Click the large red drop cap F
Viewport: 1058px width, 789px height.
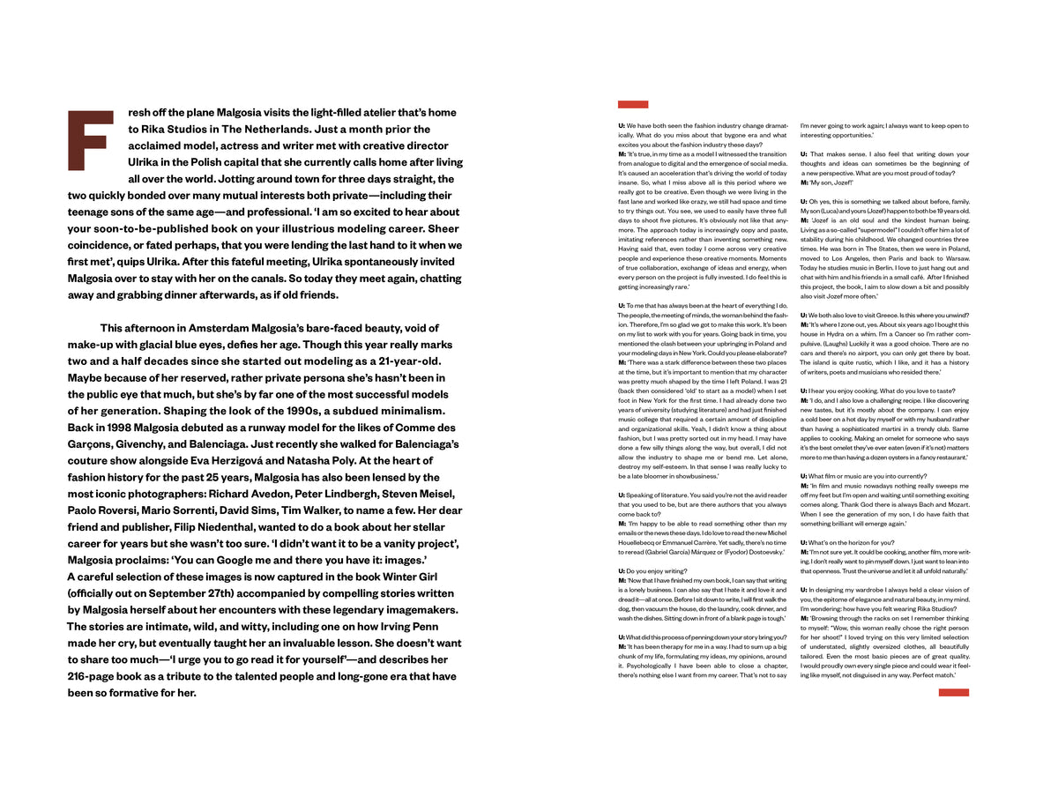coord(90,140)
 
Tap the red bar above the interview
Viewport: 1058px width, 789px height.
coord(633,104)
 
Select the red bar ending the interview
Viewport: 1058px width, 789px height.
coord(953,693)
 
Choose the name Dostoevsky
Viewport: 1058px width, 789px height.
coord(764,552)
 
